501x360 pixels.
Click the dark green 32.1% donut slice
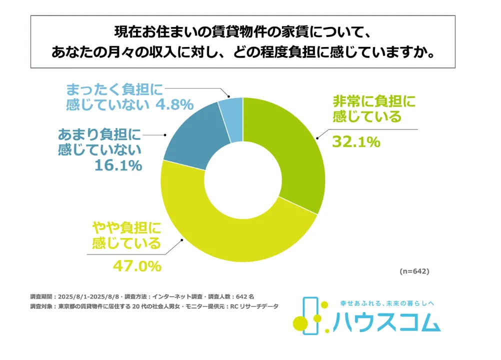pyautogui.click(x=290, y=150)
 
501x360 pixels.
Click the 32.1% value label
pyautogui.click(x=356, y=142)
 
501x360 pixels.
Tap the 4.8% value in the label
pyautogui.click(x=174, y=105)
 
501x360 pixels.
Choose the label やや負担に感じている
pyautogui.click(x=127, y=236)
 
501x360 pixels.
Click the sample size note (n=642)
pyautogui.click(x=414, y=271)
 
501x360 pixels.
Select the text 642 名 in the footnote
pyautogui.click(x=245, y=296)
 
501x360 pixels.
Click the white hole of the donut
pyautogui.click(x=243, y=180)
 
